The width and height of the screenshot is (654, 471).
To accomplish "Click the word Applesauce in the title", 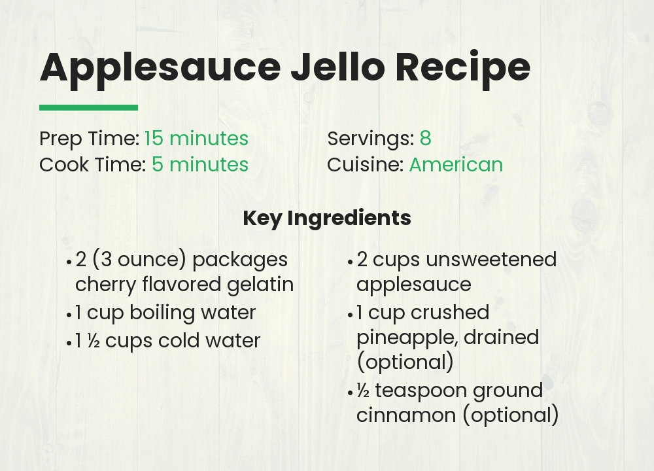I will (159, 67).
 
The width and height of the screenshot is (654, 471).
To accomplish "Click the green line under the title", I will (88, 107).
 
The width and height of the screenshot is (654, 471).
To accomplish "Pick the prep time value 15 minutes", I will (196, 139).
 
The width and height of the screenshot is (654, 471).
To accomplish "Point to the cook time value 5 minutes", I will (200, 164).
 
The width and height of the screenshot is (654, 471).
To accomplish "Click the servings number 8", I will (425, 139).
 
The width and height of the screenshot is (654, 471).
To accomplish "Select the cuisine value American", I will (456, 164).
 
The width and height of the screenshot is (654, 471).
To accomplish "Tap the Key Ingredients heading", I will (326, 218).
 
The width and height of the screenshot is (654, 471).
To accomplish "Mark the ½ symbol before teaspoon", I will (363, 391).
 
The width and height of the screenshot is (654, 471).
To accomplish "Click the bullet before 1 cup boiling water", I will (69, 314).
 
